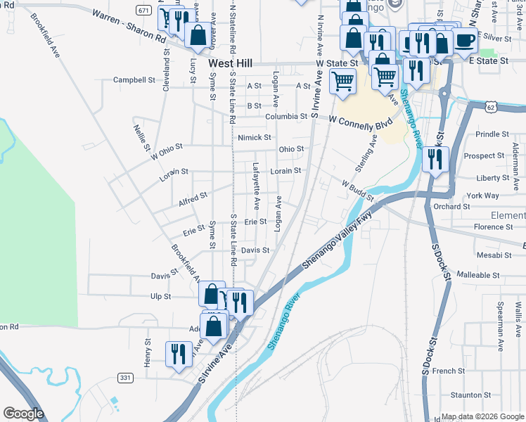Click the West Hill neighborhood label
tap(230, 63)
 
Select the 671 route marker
tap(144, 11)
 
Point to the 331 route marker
tap(125, 378)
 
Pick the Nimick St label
tap(254, 138)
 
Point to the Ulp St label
tap(160, 297)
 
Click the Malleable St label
tap(478, 275)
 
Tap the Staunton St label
tap(471, 395)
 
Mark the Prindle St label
tap(492, 134)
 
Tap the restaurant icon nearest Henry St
tap(179, 352)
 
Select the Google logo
tap(23, 414)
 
